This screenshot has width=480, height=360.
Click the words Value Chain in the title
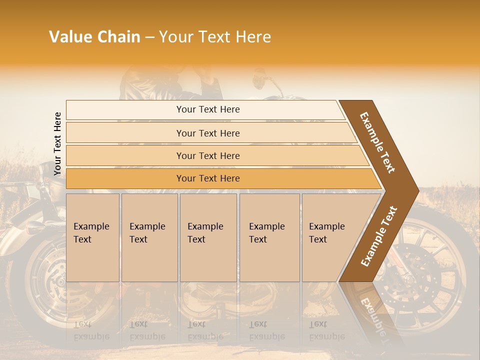pyautogui.click(x=94, y=37)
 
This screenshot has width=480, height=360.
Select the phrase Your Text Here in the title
pyautogui.click(x=215, y=37)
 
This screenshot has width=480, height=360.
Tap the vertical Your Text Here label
pyautogui.click(x=57, y=144)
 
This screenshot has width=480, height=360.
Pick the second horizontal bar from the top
pyautogui.click(x=207, y=133)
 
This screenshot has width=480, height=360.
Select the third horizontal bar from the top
pyautogui.click(x=207, y=155)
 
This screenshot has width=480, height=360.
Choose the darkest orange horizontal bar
pyautogui.click(x=207, y=178)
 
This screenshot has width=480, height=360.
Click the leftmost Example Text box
pyautogui.click(x=92, y=237)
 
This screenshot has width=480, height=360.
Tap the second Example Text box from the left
pyautogui.click(x=149, y=237)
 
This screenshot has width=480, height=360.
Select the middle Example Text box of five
pyautogui.click(x=208, y=237)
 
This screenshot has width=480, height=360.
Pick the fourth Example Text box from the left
pyautogui.click(x=269, y=237)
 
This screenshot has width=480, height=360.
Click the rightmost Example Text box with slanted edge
pyautogui.click(x=330, y=237)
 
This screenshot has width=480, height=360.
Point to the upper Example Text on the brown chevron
pyautogui.click(x=377, y=142)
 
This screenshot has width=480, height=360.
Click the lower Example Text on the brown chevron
pyautogui.click(x=379, y=236)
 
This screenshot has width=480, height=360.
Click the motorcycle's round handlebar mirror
pyautogui.click(x=259, y=80)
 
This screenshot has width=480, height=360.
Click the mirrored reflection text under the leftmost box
pyautogui.click(x=91, y=330)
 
